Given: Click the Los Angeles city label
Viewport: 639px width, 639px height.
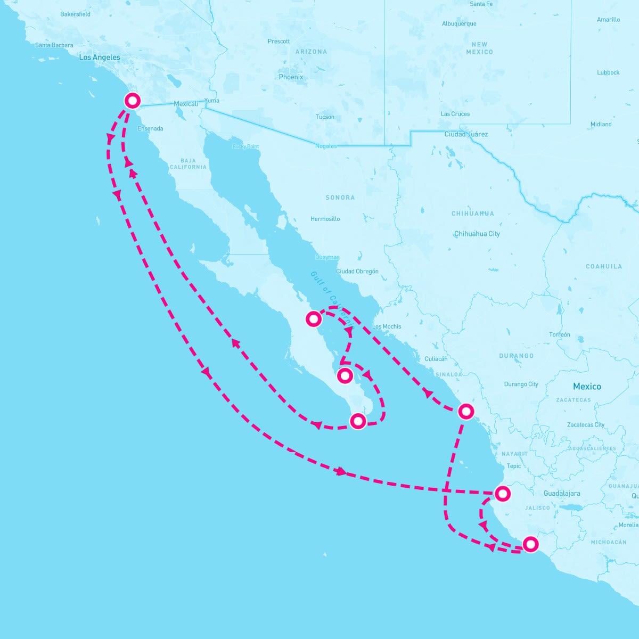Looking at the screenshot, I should pos(100,58).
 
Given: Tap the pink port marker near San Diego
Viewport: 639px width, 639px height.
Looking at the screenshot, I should pos(132,100).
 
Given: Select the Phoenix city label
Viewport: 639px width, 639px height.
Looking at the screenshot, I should pos(291,77).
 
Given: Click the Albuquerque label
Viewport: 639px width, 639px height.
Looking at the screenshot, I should pos(459,24).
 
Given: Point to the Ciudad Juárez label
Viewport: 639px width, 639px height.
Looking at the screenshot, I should pos(466,134).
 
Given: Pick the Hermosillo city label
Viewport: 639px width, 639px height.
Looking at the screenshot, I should pos(325,219).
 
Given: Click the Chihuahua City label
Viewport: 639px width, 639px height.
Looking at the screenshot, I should pos(477,234).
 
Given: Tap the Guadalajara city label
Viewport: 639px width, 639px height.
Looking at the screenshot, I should pos(562,494).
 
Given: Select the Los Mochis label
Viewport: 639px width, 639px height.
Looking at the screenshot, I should pos(387,326).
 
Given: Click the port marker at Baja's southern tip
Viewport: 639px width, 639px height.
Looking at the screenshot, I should pos(358,421).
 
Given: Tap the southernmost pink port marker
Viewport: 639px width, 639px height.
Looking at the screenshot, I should pos(530,544).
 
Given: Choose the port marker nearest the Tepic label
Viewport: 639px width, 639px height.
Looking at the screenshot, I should pos(502,494).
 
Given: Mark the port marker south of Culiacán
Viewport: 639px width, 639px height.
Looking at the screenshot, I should pos(466,411).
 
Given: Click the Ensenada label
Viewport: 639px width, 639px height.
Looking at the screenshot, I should pos(150,129).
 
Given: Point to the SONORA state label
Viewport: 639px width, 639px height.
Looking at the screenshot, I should pos(340,198).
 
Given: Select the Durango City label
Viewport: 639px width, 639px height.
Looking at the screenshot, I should pos(521,384).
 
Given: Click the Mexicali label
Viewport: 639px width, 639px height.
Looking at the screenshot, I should pos(186,104).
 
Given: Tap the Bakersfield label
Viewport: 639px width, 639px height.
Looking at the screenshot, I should pos(75,14).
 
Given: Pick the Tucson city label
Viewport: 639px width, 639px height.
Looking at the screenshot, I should pos(325,117).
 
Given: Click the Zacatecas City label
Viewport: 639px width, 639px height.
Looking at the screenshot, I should pos(586,425).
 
